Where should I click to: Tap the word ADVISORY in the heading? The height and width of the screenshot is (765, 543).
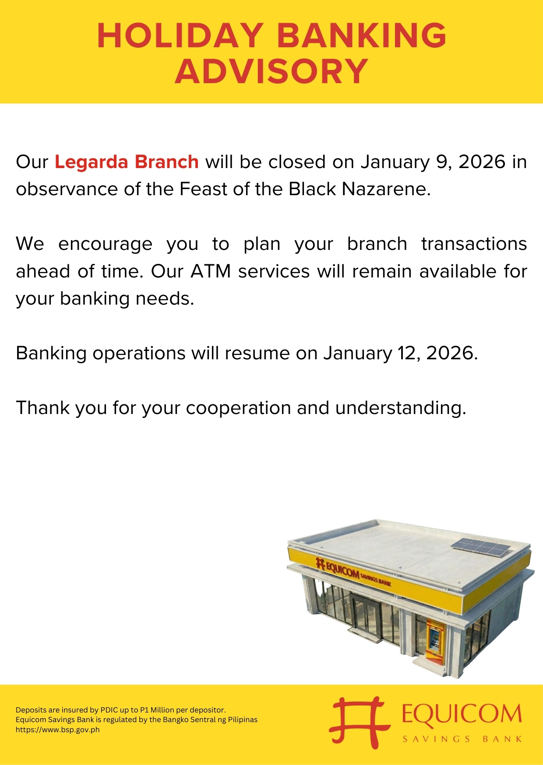[271, 71]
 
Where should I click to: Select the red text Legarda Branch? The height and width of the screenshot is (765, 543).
[127, 162]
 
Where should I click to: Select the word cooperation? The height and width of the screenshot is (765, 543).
[238, 408]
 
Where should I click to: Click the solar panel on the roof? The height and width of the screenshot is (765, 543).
[481, 547]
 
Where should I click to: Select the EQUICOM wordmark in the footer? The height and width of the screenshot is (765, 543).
[462, 714]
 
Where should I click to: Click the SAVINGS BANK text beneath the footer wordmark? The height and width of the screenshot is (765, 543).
[462, 739]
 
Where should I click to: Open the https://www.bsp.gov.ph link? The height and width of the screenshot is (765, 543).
[58, 730]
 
